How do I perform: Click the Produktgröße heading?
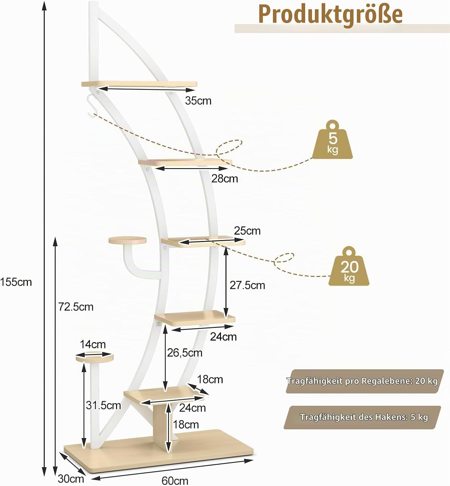(x=330, y=15)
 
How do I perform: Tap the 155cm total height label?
(x=16, y=282)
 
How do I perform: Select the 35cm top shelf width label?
(x=198, y=101)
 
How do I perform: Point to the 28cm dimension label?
(x=225, y=179)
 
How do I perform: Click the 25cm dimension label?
(x=247, y=231)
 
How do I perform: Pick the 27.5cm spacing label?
(x=248, y=285)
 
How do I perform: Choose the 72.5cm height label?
(x=76, y=307)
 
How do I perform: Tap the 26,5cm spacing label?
(x=185, y=353)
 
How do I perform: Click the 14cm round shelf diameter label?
(x=93, y=344)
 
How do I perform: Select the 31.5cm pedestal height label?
(x=103, y=406)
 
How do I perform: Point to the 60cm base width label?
(x=175, y=480)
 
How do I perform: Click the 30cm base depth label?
(x=71, y=479)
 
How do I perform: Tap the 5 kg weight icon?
(x=332, y=140)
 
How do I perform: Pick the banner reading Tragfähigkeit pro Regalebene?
(x=364, y=381)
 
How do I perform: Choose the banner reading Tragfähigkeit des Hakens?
(x=363, y=418)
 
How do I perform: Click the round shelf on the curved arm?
(x=127, y=240)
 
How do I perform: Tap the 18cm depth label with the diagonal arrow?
(x=210, y=379)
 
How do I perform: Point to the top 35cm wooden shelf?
(x=139, y=84)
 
